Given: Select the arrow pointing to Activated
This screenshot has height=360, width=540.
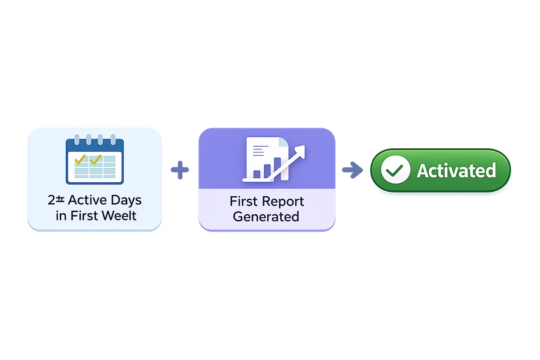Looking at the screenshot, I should click(352, 170).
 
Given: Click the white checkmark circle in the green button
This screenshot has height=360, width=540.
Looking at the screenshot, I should click(395, 171).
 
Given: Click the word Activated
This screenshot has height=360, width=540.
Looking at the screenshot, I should click(456, 171).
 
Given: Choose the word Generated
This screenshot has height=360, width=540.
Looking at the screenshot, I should click(266, 216).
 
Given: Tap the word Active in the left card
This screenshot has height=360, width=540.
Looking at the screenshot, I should click(85, 200).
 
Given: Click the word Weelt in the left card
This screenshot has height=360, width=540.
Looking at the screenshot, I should click(117, 216).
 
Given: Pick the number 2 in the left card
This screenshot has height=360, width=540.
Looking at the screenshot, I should click(51, 200).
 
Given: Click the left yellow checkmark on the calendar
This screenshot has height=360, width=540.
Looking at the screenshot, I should click(80, 159).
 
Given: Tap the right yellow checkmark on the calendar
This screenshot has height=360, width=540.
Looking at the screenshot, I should click(95, 159).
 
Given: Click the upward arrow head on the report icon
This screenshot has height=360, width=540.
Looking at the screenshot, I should click(300, 150).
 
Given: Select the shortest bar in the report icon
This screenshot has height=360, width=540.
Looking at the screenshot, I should click(257, 174).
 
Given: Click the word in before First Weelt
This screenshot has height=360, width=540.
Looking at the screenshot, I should click(60, 216).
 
